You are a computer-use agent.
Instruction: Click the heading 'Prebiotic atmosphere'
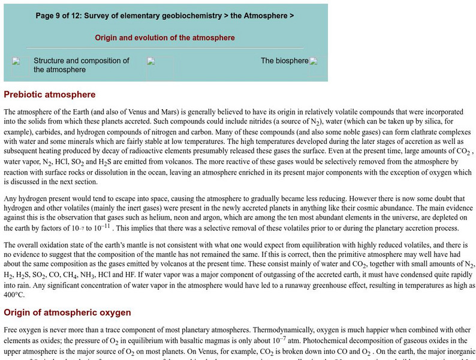click(50, 95)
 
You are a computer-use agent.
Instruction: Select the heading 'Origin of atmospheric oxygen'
click(67, 313)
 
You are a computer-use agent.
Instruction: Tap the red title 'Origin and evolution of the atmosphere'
click(165, 38)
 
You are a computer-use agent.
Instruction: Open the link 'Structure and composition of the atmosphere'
click(82, 65)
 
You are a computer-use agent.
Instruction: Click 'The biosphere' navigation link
click(284, 61)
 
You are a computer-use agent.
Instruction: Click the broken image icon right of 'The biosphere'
click(314, 61)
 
